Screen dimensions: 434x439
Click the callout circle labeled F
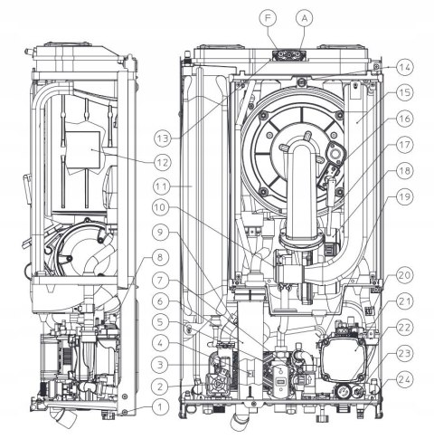click(x=268, y=18)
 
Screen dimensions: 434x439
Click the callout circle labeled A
click(x=305, y=18)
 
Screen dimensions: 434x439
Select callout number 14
click(x=404, y=67)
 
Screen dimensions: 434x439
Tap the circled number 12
click(x=163, y=163)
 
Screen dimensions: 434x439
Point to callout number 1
click(x=160, y=407)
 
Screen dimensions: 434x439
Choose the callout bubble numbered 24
click(x=404, y=380)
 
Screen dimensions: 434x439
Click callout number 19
click(x=404, y=196)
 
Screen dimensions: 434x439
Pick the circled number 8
click(x=160, y=257)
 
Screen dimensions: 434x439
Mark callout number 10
click(x=161, y=207)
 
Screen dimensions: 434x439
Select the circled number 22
click(x=404, y=328)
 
